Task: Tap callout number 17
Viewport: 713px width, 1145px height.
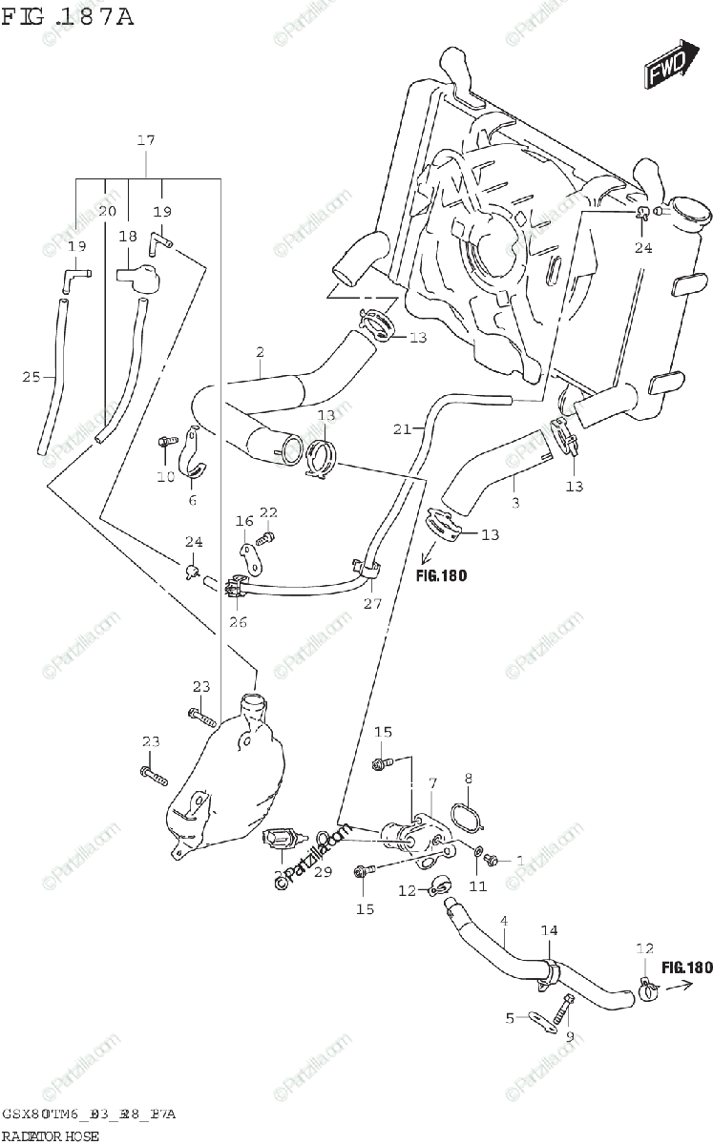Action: click(x=145, y=141)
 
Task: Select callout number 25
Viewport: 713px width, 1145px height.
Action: click(x=31, y=377)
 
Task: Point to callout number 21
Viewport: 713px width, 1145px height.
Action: click(x=402, y=429)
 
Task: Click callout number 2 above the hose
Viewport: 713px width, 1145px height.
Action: click(x=260, y=352)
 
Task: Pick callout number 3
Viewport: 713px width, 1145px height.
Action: click(x=514, y=502)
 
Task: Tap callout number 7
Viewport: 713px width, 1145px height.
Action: click(x=432, y=783)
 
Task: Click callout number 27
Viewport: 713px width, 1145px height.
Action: click(x=371, y=603)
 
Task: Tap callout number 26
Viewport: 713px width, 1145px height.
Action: click(x=238, y=623)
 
